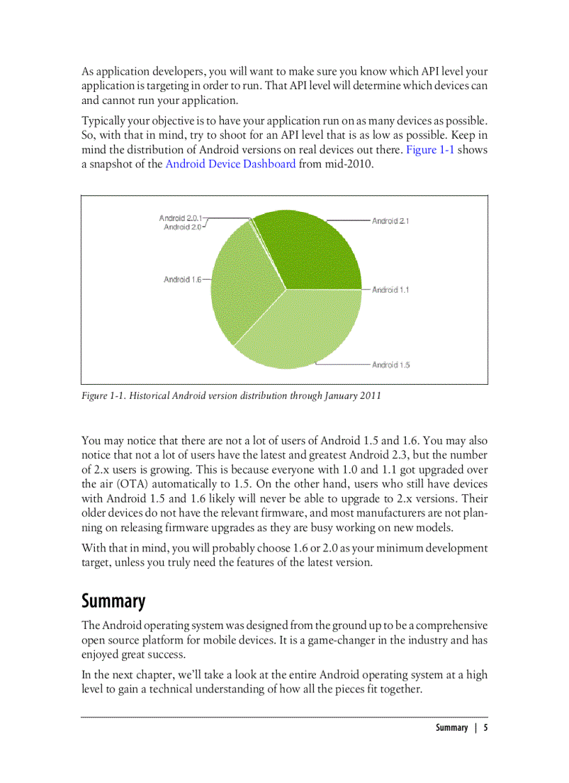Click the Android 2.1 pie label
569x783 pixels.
(390, 221)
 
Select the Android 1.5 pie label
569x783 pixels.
(390, 365)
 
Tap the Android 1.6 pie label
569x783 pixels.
(182, 280)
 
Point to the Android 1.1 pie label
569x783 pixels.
(390, 290)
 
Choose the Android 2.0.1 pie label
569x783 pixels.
(181, 218)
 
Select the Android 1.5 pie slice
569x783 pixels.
(300, 328)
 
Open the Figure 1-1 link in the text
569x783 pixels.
(430, 150)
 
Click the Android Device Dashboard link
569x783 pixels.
(230, 164)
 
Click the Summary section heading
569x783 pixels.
(114, 601)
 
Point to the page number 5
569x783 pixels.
(485, 727)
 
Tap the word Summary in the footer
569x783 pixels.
(452, 727)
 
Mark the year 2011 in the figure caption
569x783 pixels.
(370, 395)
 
